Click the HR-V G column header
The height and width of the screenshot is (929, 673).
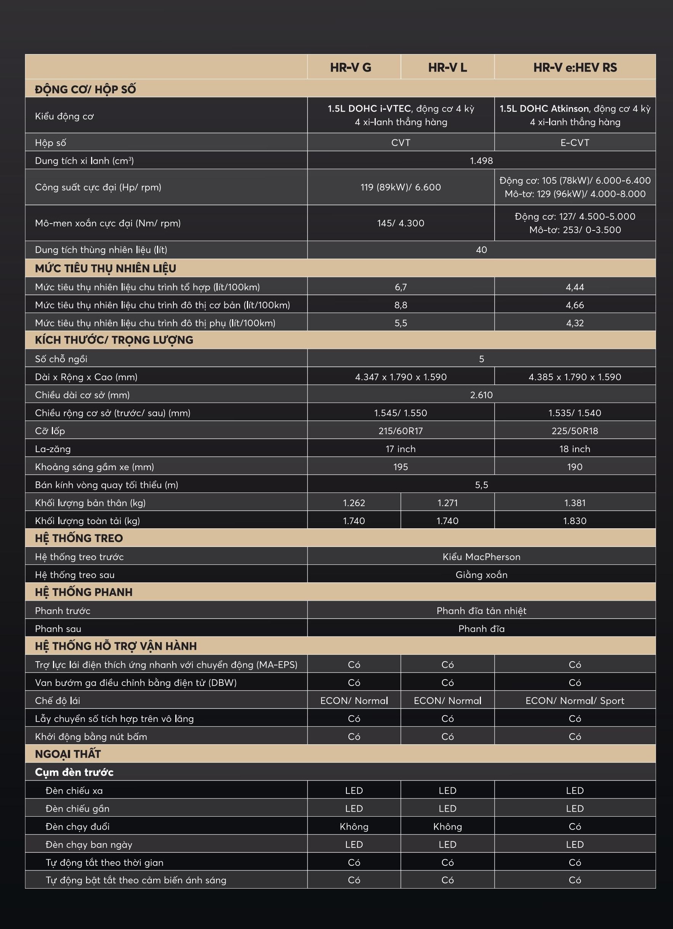coord(351,67)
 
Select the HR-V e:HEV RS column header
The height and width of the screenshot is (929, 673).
coord(575,67)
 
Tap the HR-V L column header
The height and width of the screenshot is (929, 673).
coord(447,67)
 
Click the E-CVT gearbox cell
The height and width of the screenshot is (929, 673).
coord(575,142)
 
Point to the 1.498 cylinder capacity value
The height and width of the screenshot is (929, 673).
coord(481,161)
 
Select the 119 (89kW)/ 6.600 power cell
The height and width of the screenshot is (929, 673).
coord(401,187)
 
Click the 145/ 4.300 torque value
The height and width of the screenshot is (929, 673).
coord(401,223)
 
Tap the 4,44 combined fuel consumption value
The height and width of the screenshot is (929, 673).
coord(575,287)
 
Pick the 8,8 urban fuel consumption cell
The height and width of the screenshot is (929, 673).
coord(401,305)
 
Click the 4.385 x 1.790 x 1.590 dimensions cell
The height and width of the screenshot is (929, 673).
coord(575,377)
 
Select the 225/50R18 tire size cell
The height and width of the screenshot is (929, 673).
coord(575,431)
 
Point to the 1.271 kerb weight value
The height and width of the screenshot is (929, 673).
coord(447,503)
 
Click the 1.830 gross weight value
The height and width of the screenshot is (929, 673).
coord(575,521)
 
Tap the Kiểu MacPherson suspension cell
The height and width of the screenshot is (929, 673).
coord(481,556)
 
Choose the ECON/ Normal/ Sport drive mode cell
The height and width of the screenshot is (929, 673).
coord(575,701)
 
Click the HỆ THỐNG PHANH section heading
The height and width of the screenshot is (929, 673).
coord(83,592)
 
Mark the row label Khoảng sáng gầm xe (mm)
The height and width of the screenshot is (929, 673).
coord(94,467)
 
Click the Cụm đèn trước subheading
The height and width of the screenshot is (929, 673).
coord(74,772)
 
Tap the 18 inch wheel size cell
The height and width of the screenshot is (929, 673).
coord(575,449)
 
